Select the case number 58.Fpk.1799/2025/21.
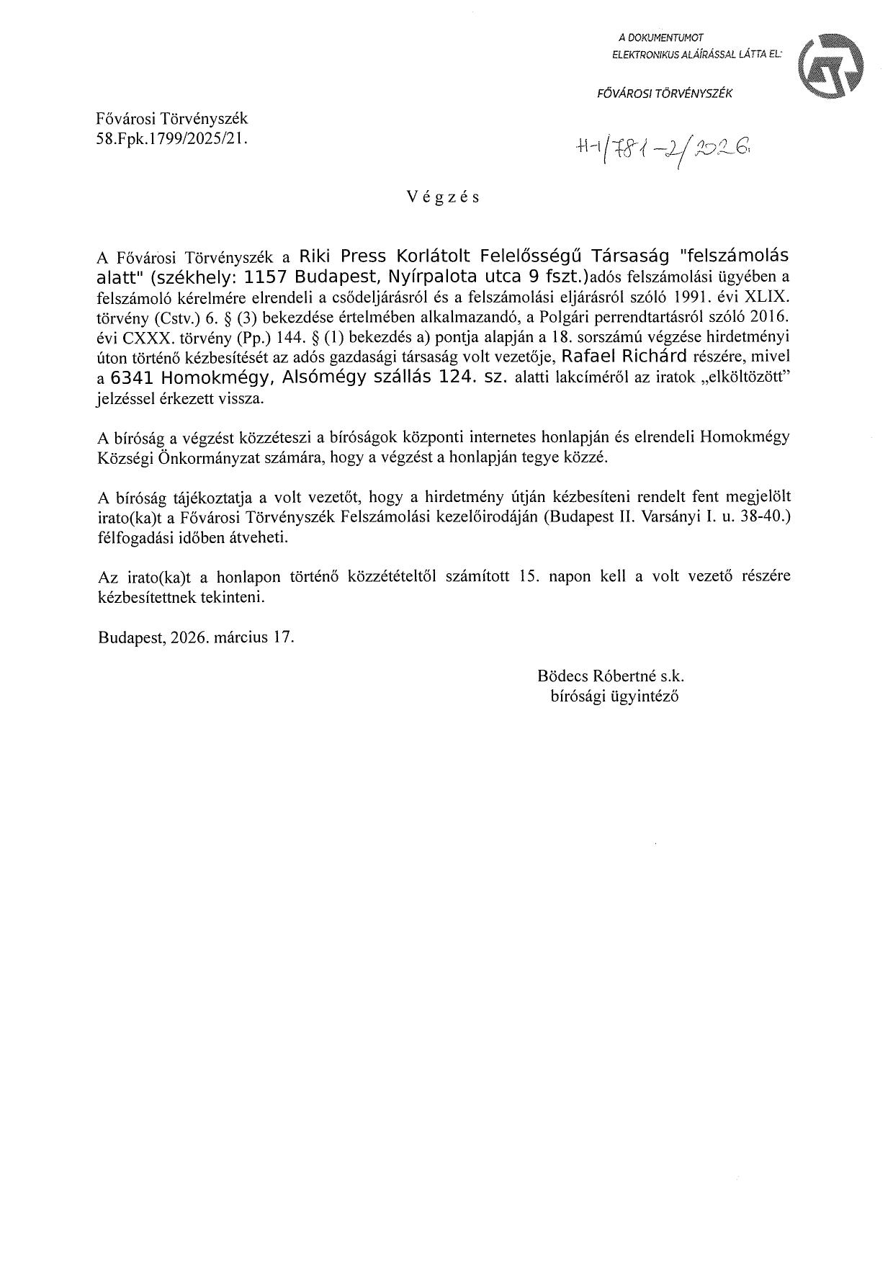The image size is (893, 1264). click(x=171, y=140)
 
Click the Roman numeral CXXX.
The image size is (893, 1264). click(x=143, y=336)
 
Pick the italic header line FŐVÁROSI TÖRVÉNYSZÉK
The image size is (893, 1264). click(x=665, y=93)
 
